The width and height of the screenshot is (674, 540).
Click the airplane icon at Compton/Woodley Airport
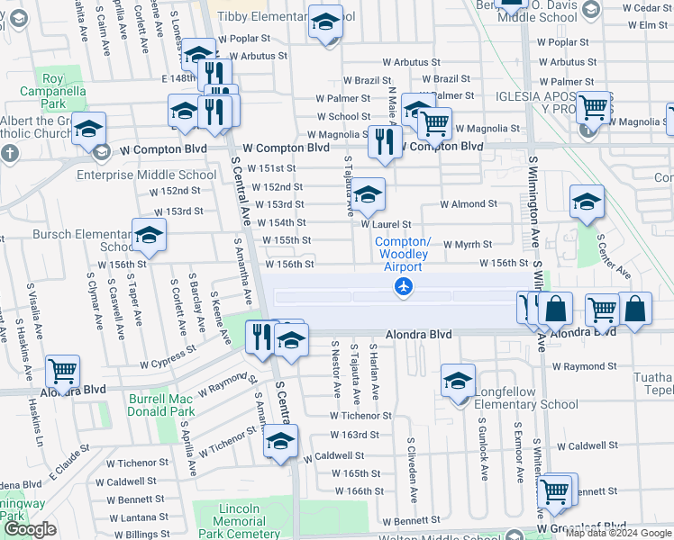[403, 287]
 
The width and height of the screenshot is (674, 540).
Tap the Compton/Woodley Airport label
[403, 255]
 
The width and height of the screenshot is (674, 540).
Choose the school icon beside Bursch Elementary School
[149, 236]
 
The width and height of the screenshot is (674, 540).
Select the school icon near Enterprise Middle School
[88, 130]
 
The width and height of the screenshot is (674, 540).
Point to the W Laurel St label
[386, 224]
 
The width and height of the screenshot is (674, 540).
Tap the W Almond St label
[468, 204]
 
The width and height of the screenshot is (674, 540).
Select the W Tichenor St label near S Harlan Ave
[360, 416]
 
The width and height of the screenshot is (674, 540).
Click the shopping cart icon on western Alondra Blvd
[62, 371]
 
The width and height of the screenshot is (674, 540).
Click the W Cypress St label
[166, 355]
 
